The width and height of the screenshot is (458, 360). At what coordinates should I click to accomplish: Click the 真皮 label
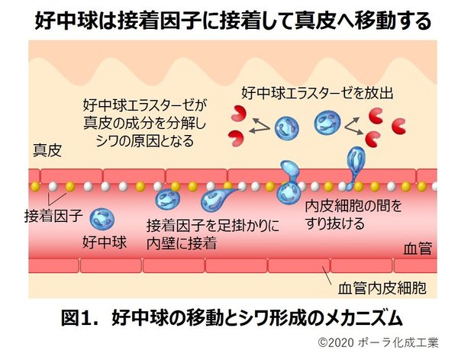coord(47,148)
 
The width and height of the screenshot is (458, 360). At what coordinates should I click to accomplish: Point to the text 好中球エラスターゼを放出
coord(316,93)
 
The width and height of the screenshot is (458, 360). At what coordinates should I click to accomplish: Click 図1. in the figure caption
coord(82,316)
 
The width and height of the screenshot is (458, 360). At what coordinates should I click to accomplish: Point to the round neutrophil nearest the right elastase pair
coord(328,121)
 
